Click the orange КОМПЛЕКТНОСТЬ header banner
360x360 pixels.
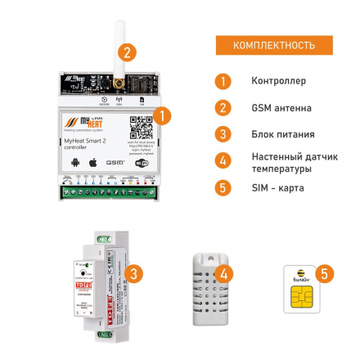pos(274,45)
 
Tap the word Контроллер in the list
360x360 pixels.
pos(278,81)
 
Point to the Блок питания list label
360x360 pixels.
pos(282,133)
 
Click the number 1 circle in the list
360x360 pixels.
pos(223,81)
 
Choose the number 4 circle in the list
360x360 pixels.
pos(223,160)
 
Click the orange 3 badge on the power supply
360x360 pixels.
pos(136,273)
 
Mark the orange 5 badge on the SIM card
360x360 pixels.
pos(324,272)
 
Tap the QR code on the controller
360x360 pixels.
pos(142,127)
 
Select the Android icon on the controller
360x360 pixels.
pos(76,163)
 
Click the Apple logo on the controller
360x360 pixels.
pos(93,162)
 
